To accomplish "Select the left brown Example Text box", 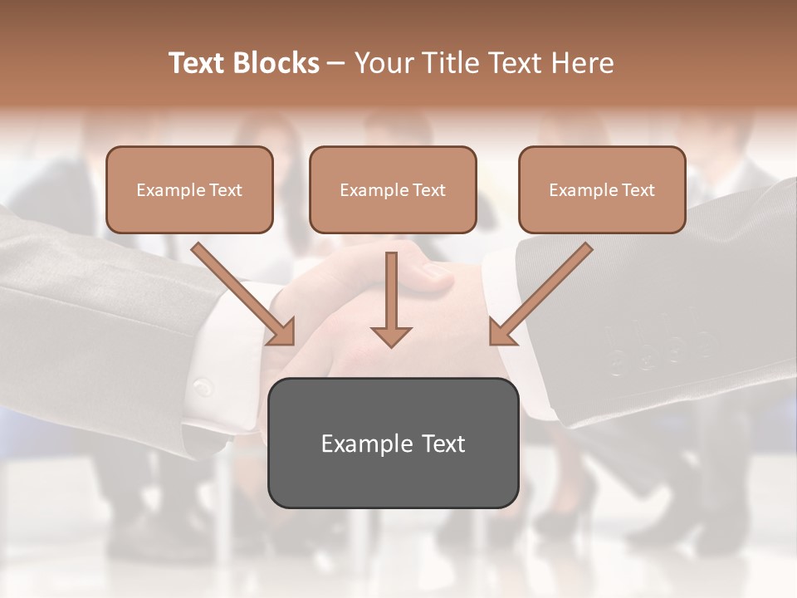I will (x=189, y=190).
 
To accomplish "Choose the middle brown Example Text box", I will (x=393, y=190).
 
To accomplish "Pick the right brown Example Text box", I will (x=602, y=190).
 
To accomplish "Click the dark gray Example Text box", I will (x=393, y=444).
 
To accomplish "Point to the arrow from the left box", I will (x=241, y=292).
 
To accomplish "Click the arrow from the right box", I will (x=544, y=292).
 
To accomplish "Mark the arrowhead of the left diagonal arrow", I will (x=282, y=333).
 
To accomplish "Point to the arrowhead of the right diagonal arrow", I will (x=501, y=333).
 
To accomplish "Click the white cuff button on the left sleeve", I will (x=201, y=387).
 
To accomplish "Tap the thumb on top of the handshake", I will (x=432, y=275).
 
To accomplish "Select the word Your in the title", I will (x=384, y=63).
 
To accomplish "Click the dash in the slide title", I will (x=336, y=63).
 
